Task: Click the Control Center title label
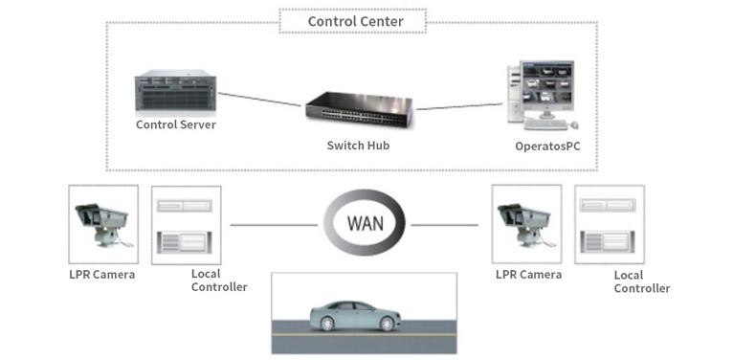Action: point(355,21)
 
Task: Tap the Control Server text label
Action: point(176,124)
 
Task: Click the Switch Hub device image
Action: point(359,109)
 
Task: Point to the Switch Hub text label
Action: point(358,145)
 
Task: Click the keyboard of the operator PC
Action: point(545,124)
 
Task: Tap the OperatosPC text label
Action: point(547,146)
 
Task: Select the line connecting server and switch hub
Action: point(260,100)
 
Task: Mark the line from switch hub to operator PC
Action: point(459,106)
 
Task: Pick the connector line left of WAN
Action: point(274,225)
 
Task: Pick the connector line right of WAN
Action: point(445,225)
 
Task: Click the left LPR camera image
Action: point(103,224)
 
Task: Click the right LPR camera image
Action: point(526,224)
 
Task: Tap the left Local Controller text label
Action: point(219,280)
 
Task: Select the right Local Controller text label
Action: point(642,281)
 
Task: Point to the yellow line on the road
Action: point(365,335)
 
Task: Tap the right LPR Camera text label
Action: point(529,275)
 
